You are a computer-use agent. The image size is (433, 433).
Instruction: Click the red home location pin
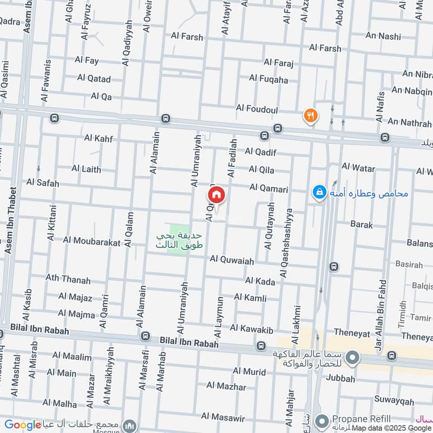point(216,195)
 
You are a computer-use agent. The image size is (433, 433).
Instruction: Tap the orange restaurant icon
point(310,115)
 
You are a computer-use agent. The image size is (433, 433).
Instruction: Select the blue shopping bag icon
point(319,192)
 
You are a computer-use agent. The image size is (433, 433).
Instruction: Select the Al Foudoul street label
point(257,109)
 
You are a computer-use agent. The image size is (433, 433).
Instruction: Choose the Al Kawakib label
point(252,328)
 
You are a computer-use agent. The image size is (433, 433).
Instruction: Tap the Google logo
point(23,425)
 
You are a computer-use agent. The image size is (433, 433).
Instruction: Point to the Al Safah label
point(43,183)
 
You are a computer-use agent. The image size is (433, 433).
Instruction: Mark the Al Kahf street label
point(99,139)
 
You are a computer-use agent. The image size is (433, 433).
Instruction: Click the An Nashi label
point(383,37)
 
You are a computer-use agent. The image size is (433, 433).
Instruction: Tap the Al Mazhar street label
point(226,387)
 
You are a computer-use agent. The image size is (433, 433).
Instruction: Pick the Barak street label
point(362,224)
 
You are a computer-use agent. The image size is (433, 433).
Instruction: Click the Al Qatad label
point(94,78)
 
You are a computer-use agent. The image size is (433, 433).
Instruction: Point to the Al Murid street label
point(249,372)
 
